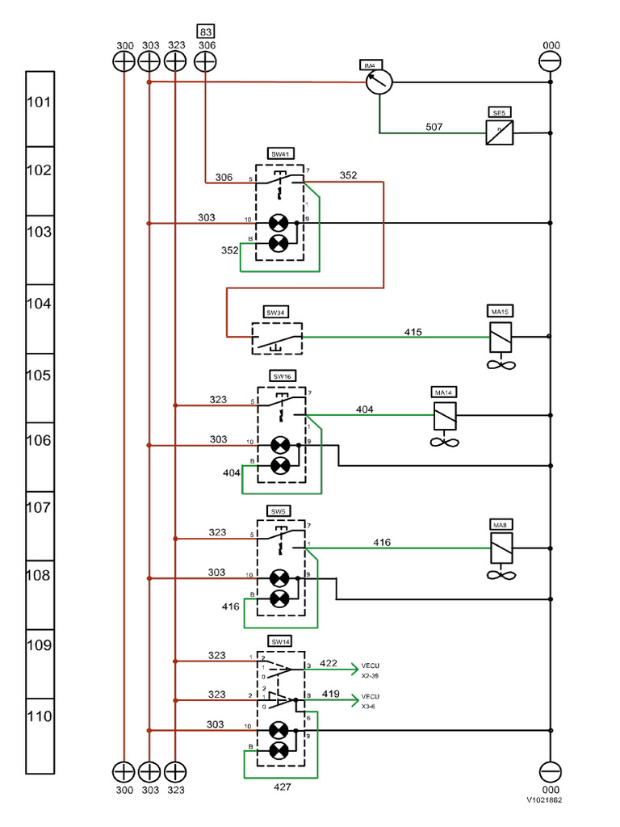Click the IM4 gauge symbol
379,82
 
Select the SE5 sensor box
499,132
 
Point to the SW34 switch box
277,338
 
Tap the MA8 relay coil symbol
501,549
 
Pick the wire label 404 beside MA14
365,410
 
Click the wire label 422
329,663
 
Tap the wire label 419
330,694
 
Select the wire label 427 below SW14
281,785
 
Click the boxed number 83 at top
206,32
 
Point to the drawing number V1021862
545,800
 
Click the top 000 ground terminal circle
550,61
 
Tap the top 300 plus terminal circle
124,61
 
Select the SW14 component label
280,642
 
